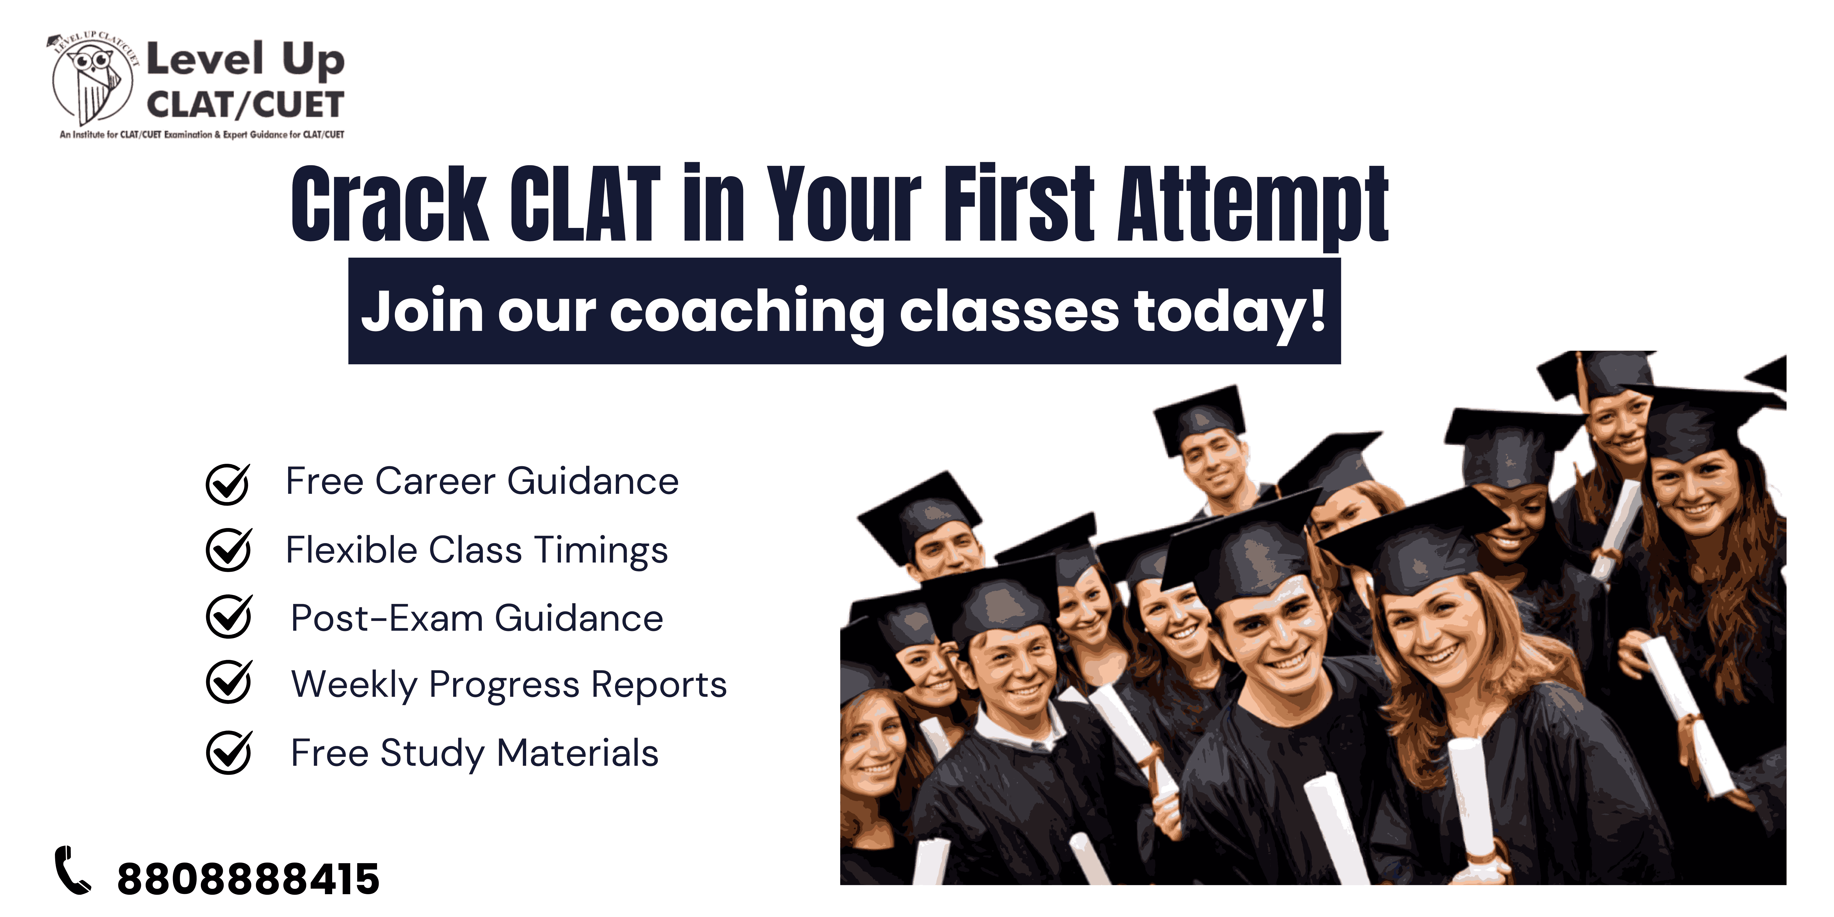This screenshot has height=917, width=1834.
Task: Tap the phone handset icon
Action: pyautogui.click(x=73, y=870)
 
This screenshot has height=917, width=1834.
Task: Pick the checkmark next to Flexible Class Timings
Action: pyautogui.click(x=228, y=550)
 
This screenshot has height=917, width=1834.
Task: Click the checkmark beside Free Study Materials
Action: pyautogui.click(x=228, y=752)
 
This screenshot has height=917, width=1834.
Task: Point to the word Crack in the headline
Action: pyautogui.click(x=390, y=204)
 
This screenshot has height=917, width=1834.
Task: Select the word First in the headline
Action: pyautogui.click(x=1019, y=203)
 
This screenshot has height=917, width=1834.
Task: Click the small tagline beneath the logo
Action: pyautogui.click(x=202, y=135)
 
